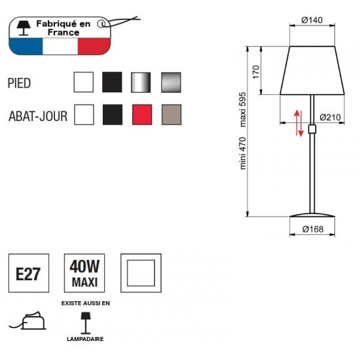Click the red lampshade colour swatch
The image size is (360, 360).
coord(142,115)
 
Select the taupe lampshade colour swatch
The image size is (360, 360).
coord(171,115)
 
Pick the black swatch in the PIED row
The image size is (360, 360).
coord(112,82)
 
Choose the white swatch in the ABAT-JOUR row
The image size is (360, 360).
coord(84,115)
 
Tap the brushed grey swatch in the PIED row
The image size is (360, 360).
coord(171,82)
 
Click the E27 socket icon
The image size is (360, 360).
coord(29,273)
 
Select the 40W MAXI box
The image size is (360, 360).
coord(84,273)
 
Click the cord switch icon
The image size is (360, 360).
coord(27,321)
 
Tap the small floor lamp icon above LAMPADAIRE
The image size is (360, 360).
coord(85,323)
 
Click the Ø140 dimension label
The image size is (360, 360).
coord(312,20)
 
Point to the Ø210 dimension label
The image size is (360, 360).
coord(330,117)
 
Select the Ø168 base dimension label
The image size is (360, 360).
coord(313,229)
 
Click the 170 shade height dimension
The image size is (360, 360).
coord(256,72)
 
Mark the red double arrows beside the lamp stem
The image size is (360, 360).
coord(298,123)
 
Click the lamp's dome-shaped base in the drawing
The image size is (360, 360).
coord(312,215)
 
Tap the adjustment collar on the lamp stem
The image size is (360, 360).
coord(312,129)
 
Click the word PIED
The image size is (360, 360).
coord(19,83)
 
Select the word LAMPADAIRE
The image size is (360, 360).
coord(85,339)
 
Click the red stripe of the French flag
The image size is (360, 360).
coord(94,46)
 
